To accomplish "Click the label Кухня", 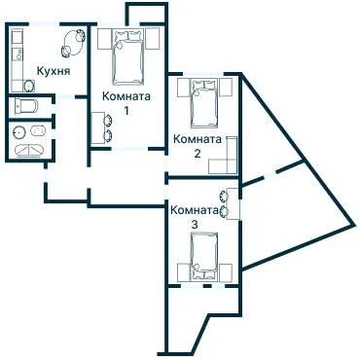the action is pyautogui.click(x=54, y=71).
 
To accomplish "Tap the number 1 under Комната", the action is pyautogui.click(x=126, y=111).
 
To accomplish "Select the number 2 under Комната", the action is pyautogui.click(x=198, y=153).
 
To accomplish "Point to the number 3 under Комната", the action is pyautogui.click(x=194, y=225).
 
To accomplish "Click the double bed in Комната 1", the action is pyautogui.click(x=127, y=56).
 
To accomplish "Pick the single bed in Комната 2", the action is pyautogui.click(x=204, y=103).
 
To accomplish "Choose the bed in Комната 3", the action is pyautogui.click(x=204, y=256).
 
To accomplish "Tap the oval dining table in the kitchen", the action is pyautogui.click(x=74, y=42).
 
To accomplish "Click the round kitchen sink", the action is pyautogui.click(x=29, y=86).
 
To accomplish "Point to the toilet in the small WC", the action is pyautogui.click(x=26, y=106).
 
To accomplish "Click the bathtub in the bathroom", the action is pyautogui.click(x=29, y=150).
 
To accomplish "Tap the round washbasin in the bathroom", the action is pyautogui.click(x=18, y=131).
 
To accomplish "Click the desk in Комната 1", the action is pyautogui.click(x=97, y=127).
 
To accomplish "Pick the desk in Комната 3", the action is pyautogui.click(x=233, y=203).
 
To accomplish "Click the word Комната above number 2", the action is pyautogui.click(x=198, y=139).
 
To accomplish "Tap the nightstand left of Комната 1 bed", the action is pyautogui.click(x=104, y=39).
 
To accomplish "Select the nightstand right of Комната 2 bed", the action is pyautogui.click(x=226, y=88).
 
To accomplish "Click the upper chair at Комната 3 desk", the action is pyautogui.click(x=224, y=196).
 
